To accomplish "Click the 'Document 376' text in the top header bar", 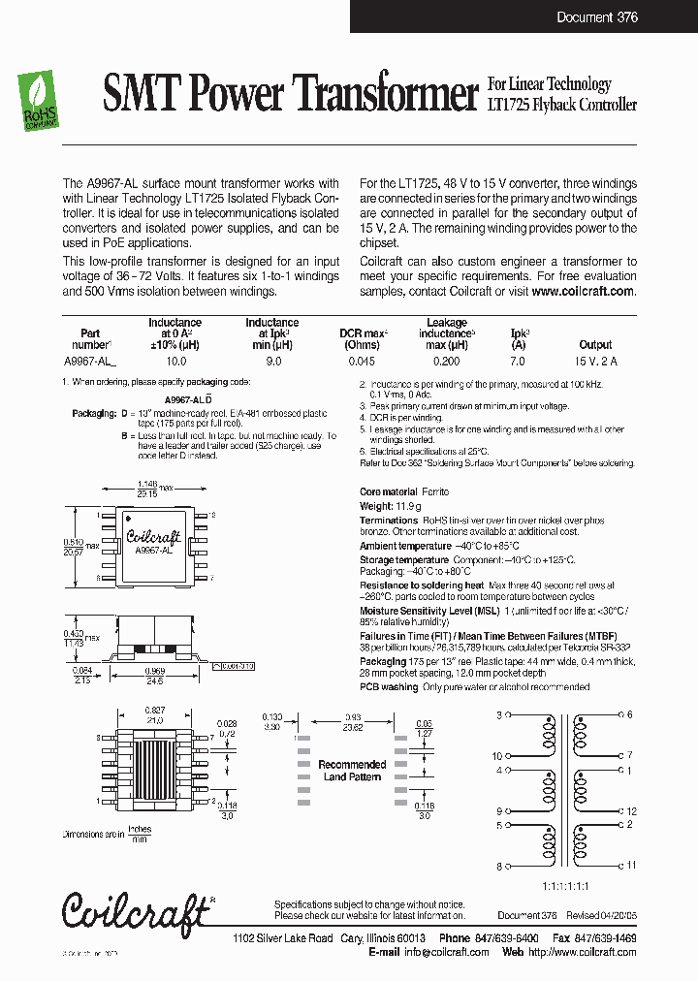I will [596, 17].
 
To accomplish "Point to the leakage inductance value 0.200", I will [446, 361].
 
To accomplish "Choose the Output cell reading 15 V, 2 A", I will [595, 361].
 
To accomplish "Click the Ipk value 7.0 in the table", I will [517, 361].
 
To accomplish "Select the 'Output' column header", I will [595, 344].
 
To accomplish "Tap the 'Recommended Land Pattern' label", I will [353, 771].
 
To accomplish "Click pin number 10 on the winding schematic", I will [498, 755].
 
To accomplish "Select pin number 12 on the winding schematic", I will [631, 810].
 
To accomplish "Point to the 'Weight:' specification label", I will [376, 506].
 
